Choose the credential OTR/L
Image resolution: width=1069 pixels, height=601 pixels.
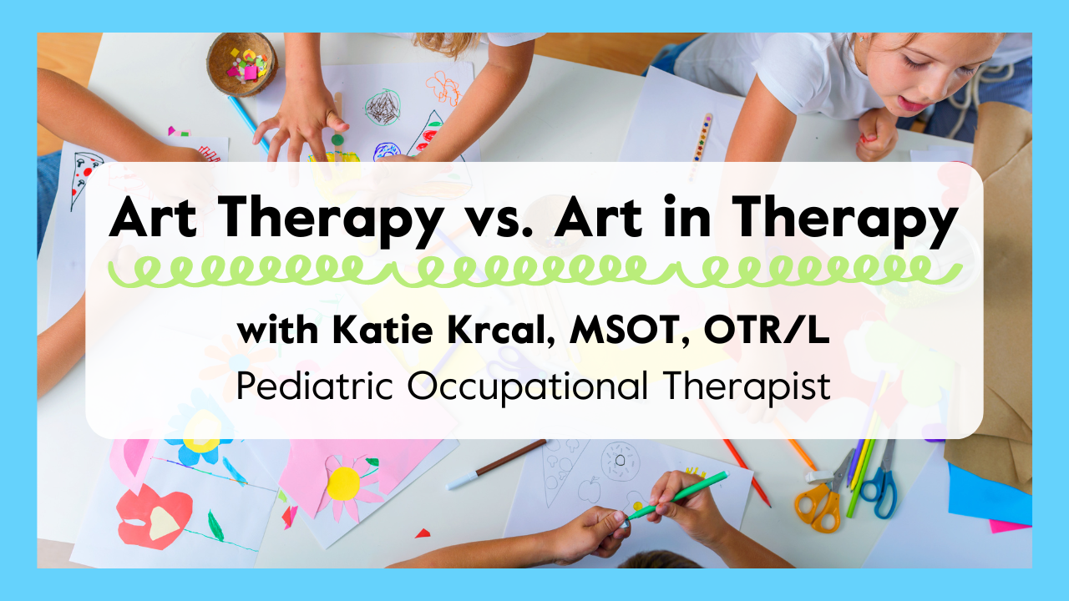pyautogui.click(x=767, y=330)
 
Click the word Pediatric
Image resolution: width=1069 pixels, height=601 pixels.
pyautogui.click(x=315, y=386)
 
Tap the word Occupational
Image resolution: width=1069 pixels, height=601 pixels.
pyautogui.click(x=527, y=387)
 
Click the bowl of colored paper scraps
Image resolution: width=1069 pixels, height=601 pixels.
pyautogui.click(x=242, y=64)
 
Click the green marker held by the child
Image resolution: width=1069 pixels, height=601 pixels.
pyautogui.click(x=676, y=496)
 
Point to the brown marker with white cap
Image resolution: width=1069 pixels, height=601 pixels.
pyautogui.click(x=496, y=465)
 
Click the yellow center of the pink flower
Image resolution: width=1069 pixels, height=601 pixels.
pyautogui.click(x=342, y=483)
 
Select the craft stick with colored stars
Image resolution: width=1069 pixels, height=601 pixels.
pyautogui.click(x=700, y=143)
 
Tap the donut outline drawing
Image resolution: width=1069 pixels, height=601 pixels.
pyautogui.click(x=620, y=461)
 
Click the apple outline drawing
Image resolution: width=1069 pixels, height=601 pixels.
pyautogui.click(x=589, y=489)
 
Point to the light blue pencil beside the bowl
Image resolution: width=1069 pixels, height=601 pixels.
pyautogui.click(x=249, y=123)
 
